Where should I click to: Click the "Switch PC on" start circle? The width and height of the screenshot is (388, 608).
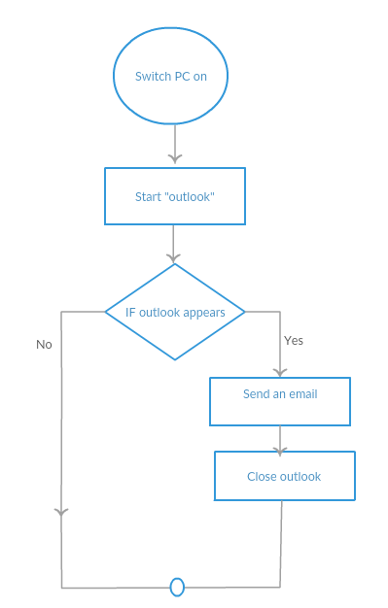[173, 77]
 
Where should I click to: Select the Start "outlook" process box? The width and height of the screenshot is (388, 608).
[174, 196]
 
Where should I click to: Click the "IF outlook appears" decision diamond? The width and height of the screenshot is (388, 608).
[175, 313]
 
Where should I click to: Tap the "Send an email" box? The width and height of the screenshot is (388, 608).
[280, 401]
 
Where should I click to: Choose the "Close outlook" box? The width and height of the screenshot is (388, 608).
[284, 476]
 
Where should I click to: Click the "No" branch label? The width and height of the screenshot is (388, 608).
[44, 345]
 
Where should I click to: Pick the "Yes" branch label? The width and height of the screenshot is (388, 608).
[294, 341]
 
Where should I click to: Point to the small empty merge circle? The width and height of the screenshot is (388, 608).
[177, 587]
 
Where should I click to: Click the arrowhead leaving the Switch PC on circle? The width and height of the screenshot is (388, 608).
[174, 156]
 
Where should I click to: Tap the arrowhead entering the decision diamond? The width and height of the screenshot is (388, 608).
[174, 258]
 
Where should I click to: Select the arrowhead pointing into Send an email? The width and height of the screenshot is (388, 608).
[280, 372]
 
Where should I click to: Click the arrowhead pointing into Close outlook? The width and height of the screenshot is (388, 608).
[280, 451]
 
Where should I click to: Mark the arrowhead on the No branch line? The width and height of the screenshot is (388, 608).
[62, 512]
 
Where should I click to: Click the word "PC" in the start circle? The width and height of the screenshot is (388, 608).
[182, 77]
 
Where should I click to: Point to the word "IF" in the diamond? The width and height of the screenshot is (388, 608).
[130, 313]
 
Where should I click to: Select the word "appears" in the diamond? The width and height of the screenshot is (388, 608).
[204, 313]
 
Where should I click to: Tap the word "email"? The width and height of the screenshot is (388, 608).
[301, 394]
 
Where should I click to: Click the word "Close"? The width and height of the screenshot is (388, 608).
[262, 477]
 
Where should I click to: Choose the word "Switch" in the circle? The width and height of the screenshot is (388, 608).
[154, 77]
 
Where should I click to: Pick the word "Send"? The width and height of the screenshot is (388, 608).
[256, 394]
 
